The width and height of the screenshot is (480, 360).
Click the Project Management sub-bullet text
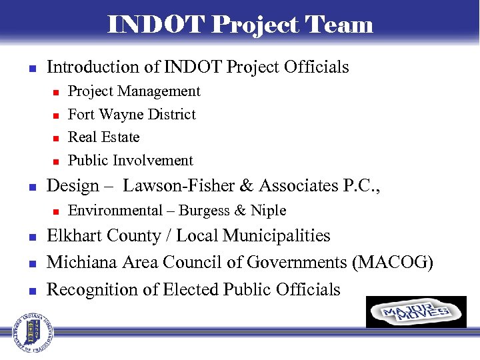tap(134, 91)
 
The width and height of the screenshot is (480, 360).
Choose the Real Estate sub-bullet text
tap(104, 137)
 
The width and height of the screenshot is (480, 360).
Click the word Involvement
tap(153, 161)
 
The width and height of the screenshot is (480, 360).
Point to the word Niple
tap(268, 211)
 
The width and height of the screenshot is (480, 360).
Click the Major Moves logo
tap(416, 312)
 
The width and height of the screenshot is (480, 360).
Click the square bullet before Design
tap(30, 187)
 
